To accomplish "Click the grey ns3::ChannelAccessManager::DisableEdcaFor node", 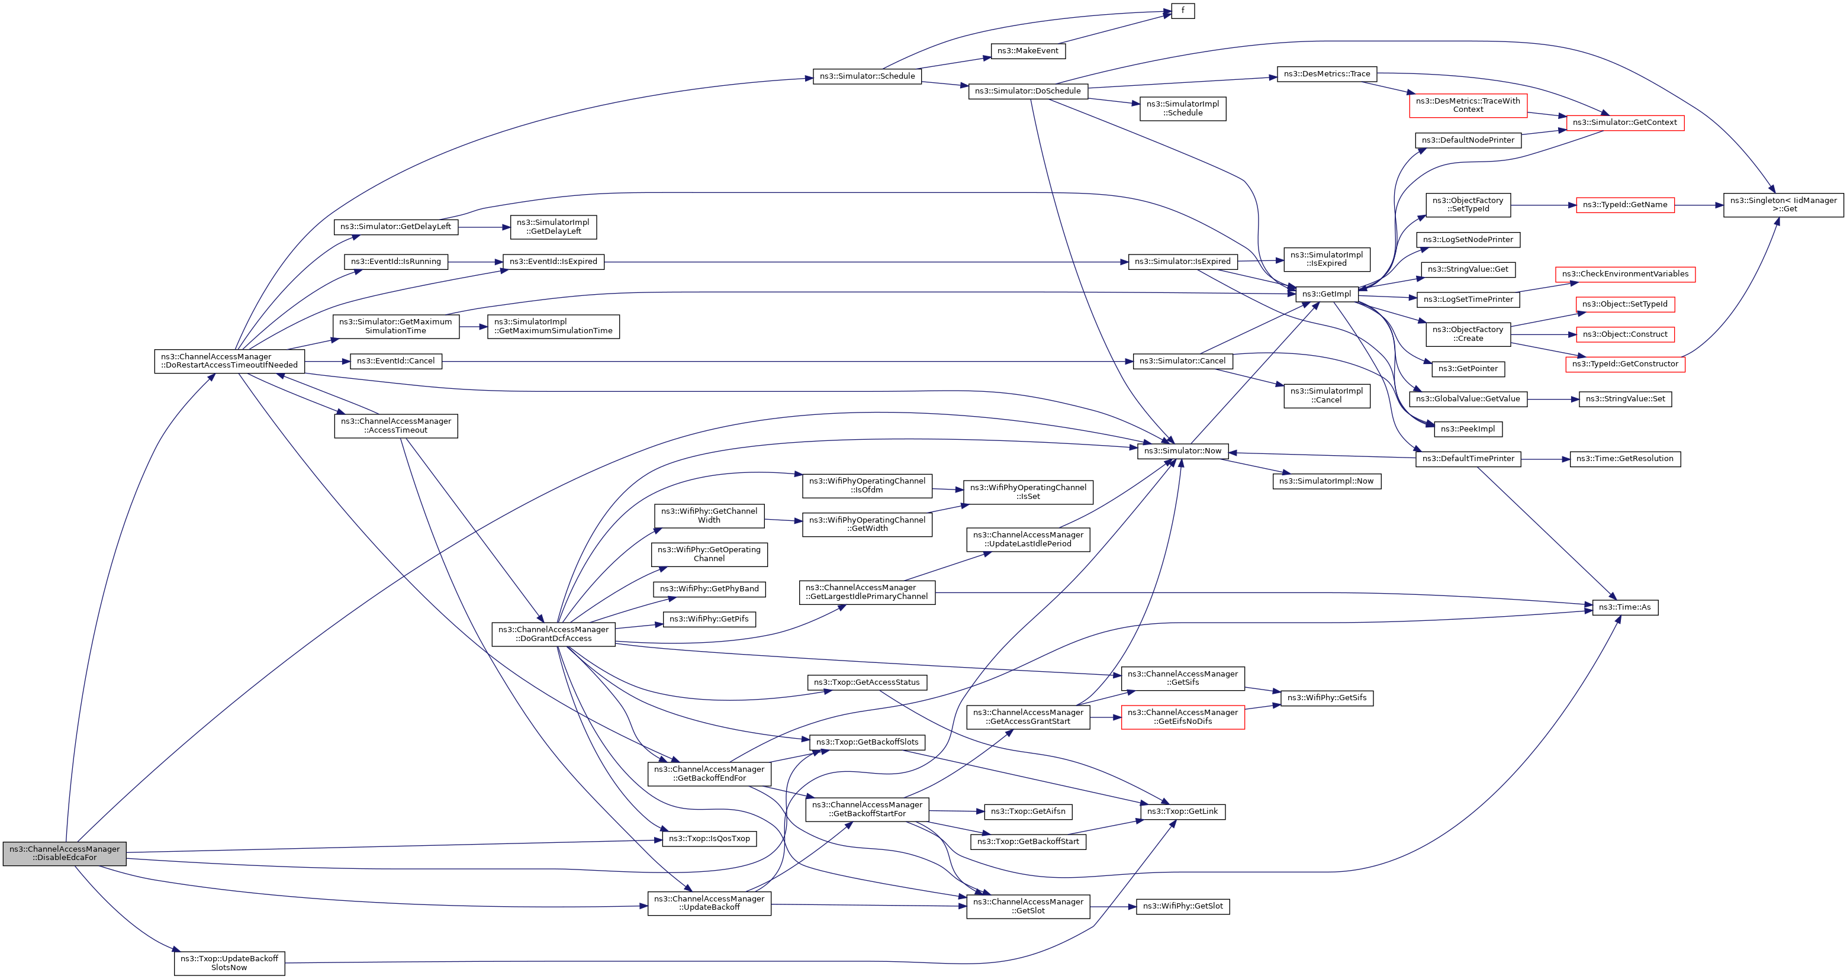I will [65, 853].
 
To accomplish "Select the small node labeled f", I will [1182, 11].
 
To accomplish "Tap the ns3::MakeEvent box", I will [1028, 51].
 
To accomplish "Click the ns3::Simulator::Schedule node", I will [867, 76].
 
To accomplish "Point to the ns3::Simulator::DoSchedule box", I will [1028, 91].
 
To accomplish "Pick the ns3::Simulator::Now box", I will [1182, 451].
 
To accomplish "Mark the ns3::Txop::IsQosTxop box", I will [709, 839].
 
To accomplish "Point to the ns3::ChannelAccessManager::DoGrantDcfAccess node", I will [553, 633].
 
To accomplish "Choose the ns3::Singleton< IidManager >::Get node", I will [1782, 205].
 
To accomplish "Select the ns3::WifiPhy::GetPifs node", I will [709, 619].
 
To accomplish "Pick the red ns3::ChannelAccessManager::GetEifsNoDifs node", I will [1182, 717].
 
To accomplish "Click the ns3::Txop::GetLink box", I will [1182, 811].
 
